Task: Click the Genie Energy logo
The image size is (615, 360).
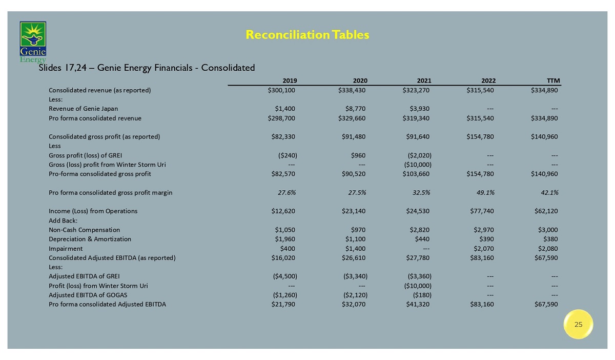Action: point(33,41)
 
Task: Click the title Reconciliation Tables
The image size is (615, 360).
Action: point(307,35)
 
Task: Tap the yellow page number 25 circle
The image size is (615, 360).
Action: point(578,324)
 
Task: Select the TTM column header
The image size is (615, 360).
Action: point(553,81)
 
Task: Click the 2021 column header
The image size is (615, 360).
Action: point(424,81)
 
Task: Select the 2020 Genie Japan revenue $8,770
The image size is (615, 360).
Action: point(355,109)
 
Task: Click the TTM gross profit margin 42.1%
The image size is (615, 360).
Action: point(548,193)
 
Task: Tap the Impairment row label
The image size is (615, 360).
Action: point(66,248)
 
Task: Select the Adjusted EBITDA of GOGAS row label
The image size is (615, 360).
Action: point(88,295)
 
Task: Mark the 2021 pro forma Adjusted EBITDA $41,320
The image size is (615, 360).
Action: point(416,304)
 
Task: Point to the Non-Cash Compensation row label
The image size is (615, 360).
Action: point(84,230)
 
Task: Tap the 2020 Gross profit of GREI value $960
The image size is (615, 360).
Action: point(357,155)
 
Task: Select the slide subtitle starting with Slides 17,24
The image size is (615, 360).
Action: point(147,67)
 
